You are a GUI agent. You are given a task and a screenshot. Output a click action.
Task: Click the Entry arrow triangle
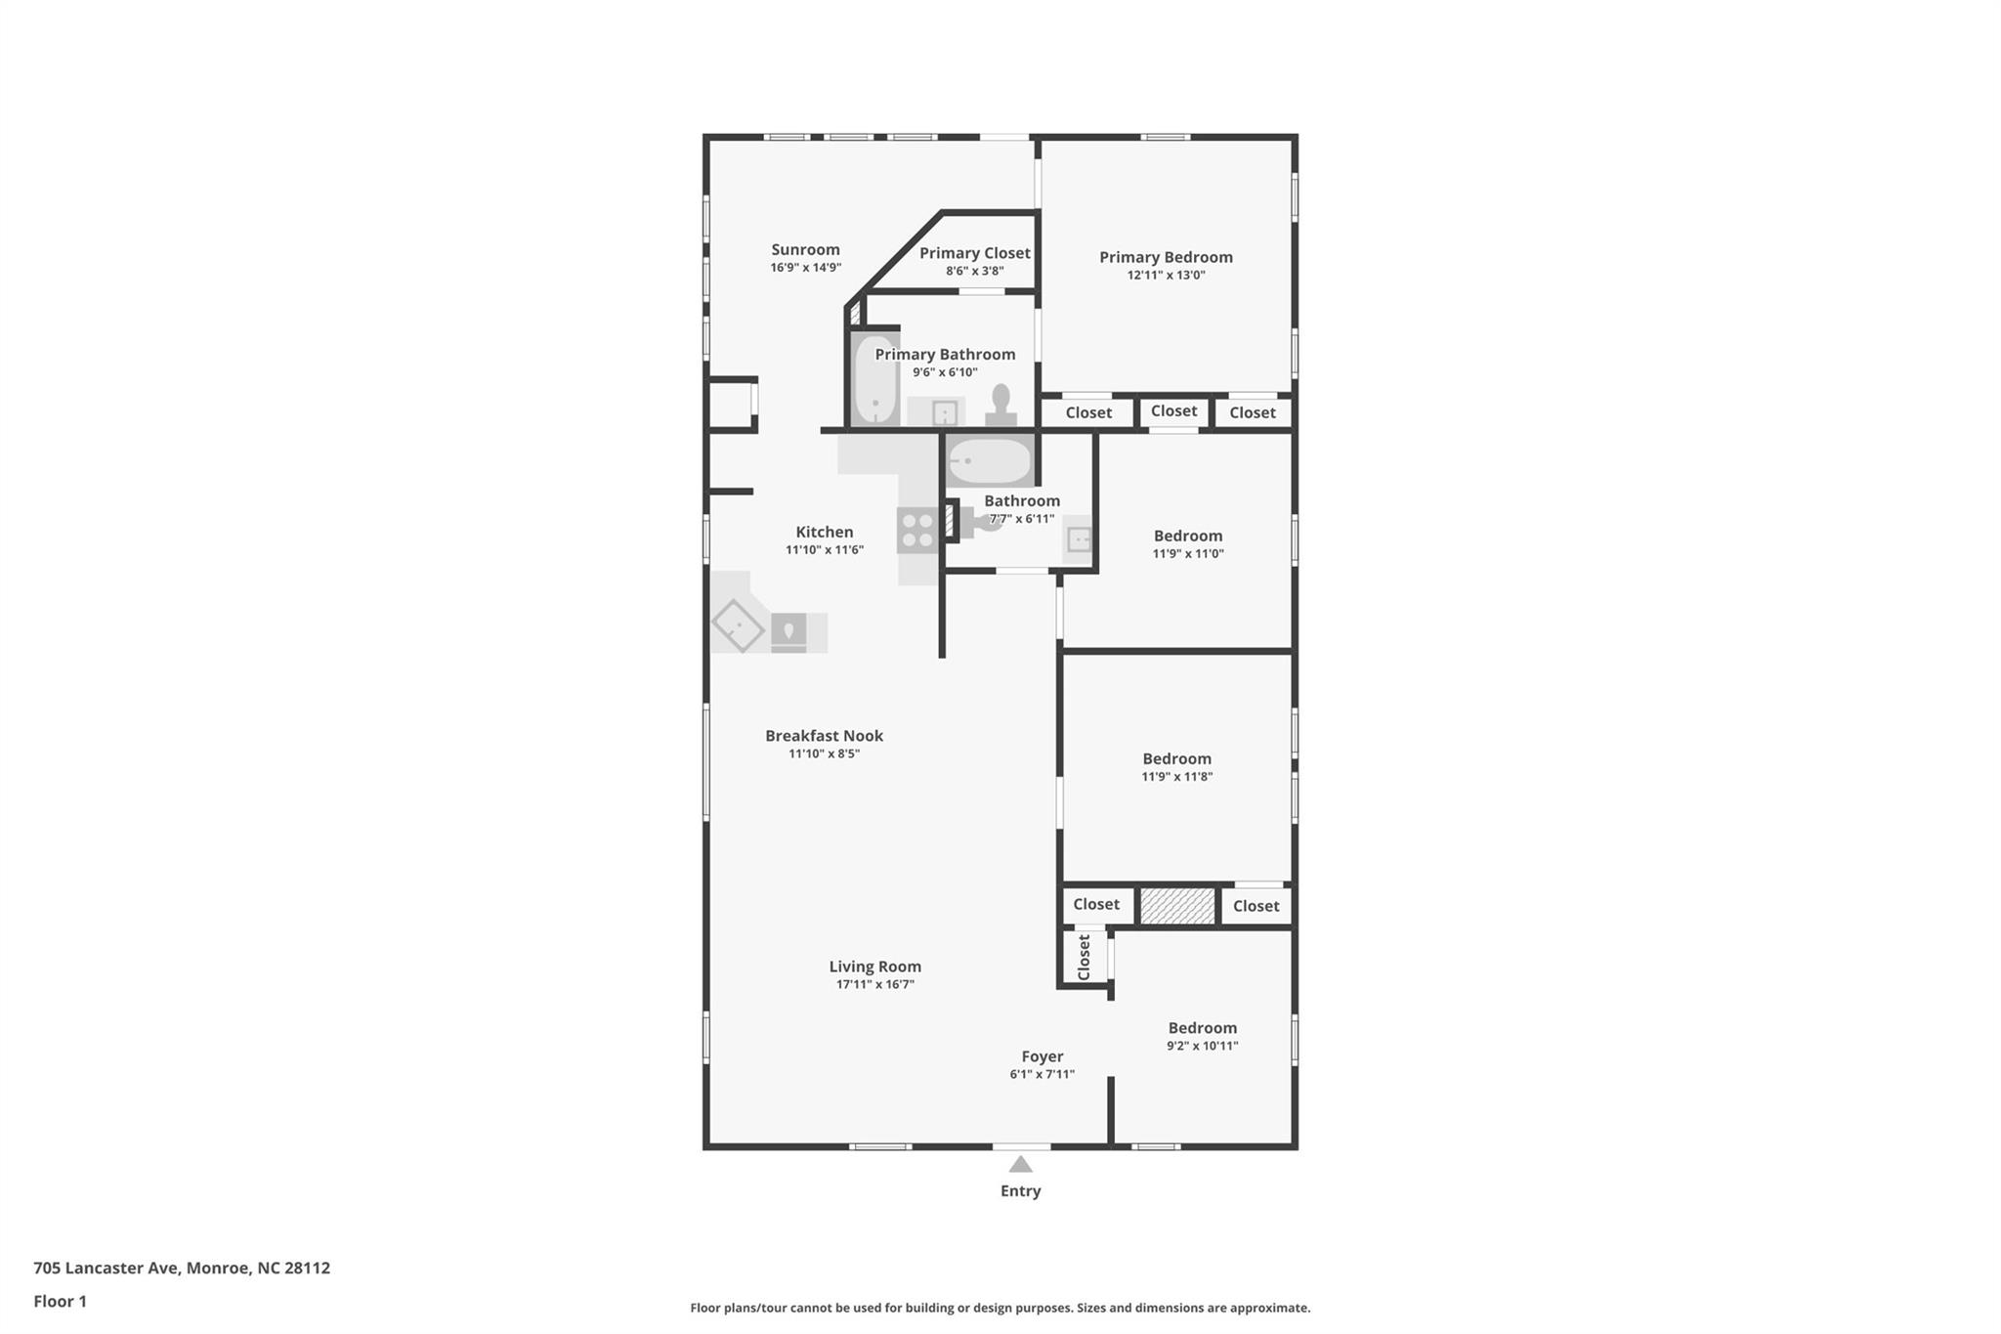pyautogui.click(x=1020, y=1164)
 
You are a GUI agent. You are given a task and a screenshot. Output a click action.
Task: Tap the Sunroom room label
pyautogui.click(x=805, y=249)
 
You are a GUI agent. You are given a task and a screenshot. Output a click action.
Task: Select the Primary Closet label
pyautogui.click(x=974, y=253)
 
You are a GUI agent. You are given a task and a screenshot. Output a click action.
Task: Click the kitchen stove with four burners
pyautogui.click(x=917, y=531)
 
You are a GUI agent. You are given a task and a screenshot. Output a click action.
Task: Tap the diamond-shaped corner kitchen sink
pyautogui.click(x=738, y=624)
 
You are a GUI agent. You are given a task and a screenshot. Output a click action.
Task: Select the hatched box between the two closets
pyautogui.click(x=1177, y=906)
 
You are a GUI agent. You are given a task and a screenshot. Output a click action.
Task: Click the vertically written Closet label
pyautogui.click(x=1084, y=957)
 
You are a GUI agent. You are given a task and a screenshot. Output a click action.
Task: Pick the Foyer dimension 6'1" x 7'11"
pyautogui.click(x=1042, y=1074)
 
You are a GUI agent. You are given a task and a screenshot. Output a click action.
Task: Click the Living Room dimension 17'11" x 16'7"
pyautogui.click(x=874, y=984)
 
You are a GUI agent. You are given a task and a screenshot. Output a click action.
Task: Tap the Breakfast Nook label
pyautogui.click(x=824, y=736)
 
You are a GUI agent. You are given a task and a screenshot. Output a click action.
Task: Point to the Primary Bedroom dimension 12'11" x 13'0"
pyautogui.click(x=1166, y=276)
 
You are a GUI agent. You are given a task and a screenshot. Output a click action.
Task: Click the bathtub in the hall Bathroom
pyautogui.click(x=990, y=461)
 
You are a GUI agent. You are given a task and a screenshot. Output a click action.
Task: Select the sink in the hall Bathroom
pyautogui.click(x=1078, y=539)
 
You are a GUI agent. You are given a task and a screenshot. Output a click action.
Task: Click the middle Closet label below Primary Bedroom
pyautogui.click(x=1173, y=411)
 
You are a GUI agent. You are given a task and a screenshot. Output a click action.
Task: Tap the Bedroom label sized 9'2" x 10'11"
pyautogui.click(x=1202, y=1028)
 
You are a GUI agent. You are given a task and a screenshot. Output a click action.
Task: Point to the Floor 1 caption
pyautogui.click(x=61, y=1302)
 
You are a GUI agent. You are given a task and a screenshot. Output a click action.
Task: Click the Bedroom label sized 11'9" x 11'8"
pyautogui.click(x=1176, y=759)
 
